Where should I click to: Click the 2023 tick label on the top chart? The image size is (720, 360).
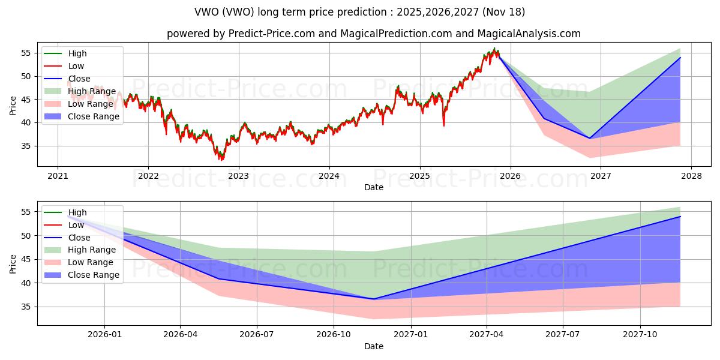coord(238,176)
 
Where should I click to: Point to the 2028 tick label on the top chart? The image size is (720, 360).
coord(691,176)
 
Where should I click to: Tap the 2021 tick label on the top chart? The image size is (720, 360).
coord(58,176)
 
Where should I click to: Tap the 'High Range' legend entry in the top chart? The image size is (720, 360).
coord(92,91)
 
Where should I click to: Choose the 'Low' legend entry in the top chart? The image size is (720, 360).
coord(76,66)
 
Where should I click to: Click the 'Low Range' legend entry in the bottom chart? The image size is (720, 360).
coord(91,263)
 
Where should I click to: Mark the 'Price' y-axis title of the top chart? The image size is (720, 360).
coord(13,106)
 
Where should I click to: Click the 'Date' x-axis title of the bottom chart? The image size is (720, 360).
coord(374,346)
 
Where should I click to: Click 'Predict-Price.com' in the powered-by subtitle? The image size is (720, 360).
coord(272,34)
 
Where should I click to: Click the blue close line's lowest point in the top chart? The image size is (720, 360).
coord(589,138)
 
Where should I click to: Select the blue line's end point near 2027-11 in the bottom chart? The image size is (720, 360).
coord(680,217)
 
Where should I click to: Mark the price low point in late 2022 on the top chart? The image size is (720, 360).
coord(221,160)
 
